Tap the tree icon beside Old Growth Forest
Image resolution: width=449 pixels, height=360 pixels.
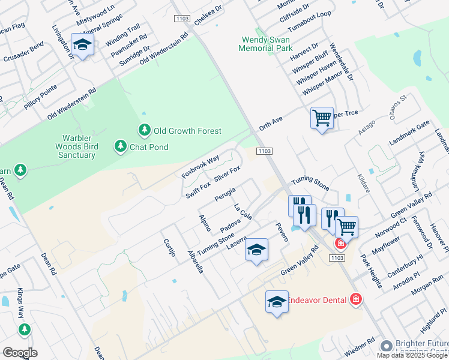point(144,130)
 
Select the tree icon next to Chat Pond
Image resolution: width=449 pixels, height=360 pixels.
point(120,146)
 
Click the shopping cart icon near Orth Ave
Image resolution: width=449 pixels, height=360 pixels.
point(322,118)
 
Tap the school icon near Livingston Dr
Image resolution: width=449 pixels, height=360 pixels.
point(82,44)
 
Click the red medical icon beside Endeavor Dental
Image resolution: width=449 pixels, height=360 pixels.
point(355,299)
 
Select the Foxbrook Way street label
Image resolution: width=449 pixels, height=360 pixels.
point(200,167)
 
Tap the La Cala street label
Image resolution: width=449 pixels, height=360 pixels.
point(243,211)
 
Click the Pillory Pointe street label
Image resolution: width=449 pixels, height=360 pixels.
point(41,96)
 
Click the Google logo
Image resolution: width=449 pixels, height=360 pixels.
point(20,353)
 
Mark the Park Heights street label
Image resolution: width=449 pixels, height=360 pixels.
point(372,271)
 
